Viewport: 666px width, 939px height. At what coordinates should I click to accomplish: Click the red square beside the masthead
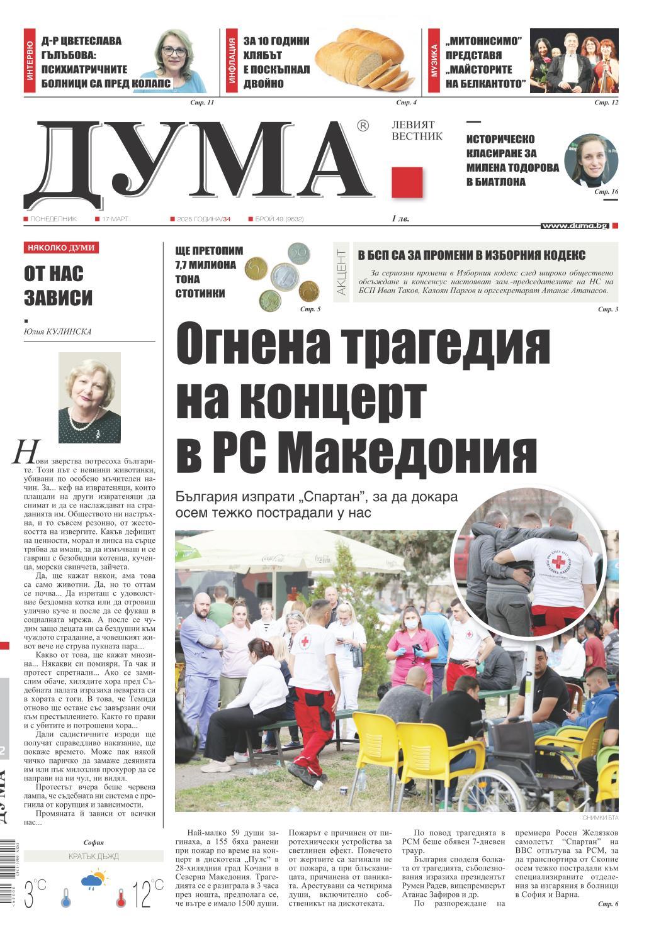[407, 183]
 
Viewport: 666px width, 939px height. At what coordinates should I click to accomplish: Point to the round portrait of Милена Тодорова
[590, 160]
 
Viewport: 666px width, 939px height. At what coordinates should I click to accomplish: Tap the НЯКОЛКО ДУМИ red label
[61, 248]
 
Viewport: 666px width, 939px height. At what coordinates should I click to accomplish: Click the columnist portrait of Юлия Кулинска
[89, 397]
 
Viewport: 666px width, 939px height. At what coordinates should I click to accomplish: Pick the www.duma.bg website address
[573, 226]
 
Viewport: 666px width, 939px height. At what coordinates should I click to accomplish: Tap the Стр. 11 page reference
[202, 103]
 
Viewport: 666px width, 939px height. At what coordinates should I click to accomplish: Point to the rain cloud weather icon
[93, 881]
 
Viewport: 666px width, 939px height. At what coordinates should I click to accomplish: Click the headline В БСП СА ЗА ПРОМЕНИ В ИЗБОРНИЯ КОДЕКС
[471, 255]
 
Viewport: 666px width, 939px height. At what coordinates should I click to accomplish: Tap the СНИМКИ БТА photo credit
[601, 818]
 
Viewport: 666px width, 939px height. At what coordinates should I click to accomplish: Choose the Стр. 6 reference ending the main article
[608, 904]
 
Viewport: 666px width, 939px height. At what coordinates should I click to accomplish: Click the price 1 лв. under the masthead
[400, 219]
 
